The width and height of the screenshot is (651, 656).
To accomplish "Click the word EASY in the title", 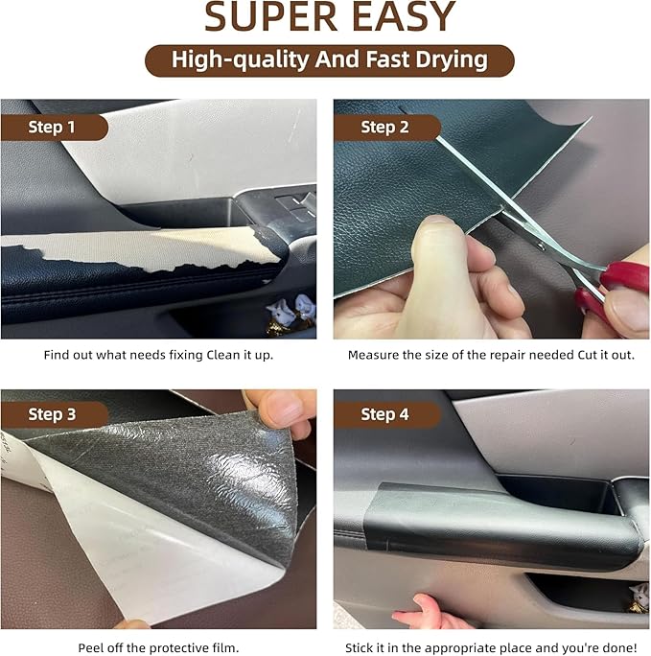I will point(402,18).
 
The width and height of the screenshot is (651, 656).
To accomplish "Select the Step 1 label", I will point(53,128).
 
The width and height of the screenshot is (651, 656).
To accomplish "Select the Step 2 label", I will point(384,128).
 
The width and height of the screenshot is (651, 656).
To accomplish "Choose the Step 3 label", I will point(53,414).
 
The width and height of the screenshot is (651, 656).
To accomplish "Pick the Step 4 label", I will point(384,414).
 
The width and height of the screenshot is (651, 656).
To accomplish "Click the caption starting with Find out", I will point(158,355).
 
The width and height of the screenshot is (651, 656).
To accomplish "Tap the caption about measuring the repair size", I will point(491,355).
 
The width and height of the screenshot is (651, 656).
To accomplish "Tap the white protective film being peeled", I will point(144,547).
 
